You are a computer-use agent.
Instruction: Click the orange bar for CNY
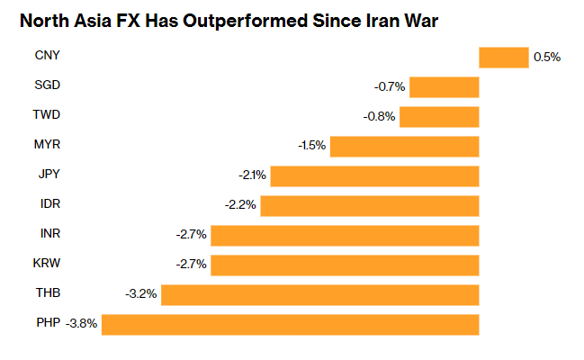(x=503, y=57)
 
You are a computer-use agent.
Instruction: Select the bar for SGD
(x=445, y=87)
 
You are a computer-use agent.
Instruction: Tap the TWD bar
(x=439, y=117)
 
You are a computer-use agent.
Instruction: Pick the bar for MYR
(x=405, y=146)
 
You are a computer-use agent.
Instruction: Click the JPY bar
(x=374, y=175)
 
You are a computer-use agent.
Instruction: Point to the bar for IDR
(x=370, y=205)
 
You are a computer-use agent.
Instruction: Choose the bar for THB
(x=319, y=294)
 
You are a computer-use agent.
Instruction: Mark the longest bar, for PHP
(x=290, y=324)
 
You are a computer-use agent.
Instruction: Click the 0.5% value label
(x=547, y=57)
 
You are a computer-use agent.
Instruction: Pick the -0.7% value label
(x=390, y=87)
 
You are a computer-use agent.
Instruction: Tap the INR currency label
(x=49, y=235)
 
